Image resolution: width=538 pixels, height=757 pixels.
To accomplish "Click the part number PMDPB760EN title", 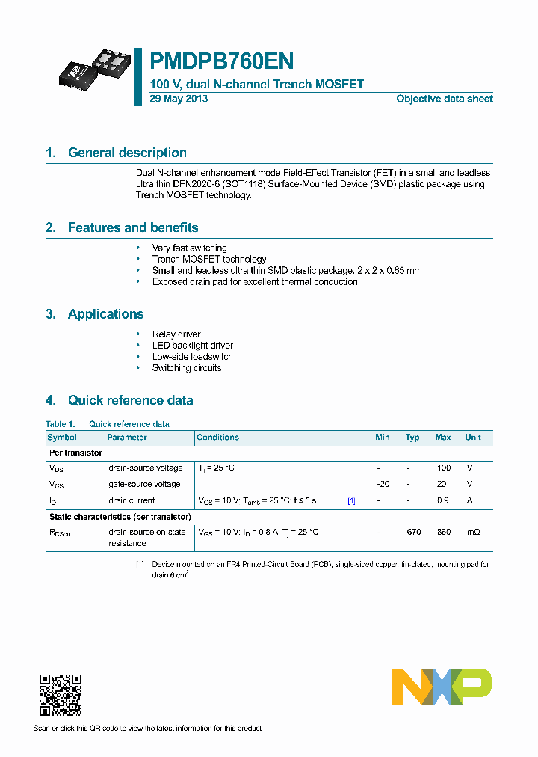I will click(x=222, y=61).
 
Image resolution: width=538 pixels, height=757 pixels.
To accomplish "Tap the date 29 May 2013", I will click(x=179, y=99).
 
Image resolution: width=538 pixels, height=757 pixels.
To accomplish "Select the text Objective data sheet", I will click(x=444, y=99).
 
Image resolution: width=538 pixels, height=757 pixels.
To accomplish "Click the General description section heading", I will click(x=127, y=153).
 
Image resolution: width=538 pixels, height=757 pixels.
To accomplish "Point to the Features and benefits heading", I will click(x=133, y=227).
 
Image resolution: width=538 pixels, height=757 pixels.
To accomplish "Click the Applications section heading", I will click(x=105, y=314).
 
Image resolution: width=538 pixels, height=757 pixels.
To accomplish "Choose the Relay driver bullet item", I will click(x=176, y=334).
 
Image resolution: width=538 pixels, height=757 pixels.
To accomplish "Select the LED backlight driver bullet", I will click(x=192, y=346).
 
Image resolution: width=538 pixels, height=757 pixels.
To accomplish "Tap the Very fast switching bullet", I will click(x=189, y=248).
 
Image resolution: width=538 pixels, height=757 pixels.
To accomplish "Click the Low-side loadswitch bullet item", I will click(x=192, y=357).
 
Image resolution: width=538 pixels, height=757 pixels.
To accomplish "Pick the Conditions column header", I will click(x=217, y=438).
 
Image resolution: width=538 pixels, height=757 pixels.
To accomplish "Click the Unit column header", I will click(x=473, y=438).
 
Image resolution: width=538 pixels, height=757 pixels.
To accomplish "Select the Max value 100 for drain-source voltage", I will click(x=443, y=468).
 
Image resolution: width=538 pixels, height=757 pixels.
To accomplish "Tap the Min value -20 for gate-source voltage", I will click(x=383, y=484).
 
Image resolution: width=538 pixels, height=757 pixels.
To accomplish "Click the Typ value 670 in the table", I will click(x=413, y=532).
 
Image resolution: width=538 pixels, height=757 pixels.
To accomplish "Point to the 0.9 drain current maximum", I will click(x=443, y=500).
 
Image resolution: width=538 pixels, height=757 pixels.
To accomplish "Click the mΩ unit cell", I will click(x=473, y=532).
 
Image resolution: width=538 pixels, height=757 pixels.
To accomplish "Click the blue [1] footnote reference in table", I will click(x=351, y=500).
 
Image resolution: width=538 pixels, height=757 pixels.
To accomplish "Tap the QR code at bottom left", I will click(x=61, y=695).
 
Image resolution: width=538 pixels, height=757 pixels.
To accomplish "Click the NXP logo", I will click(x=442, y=687).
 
